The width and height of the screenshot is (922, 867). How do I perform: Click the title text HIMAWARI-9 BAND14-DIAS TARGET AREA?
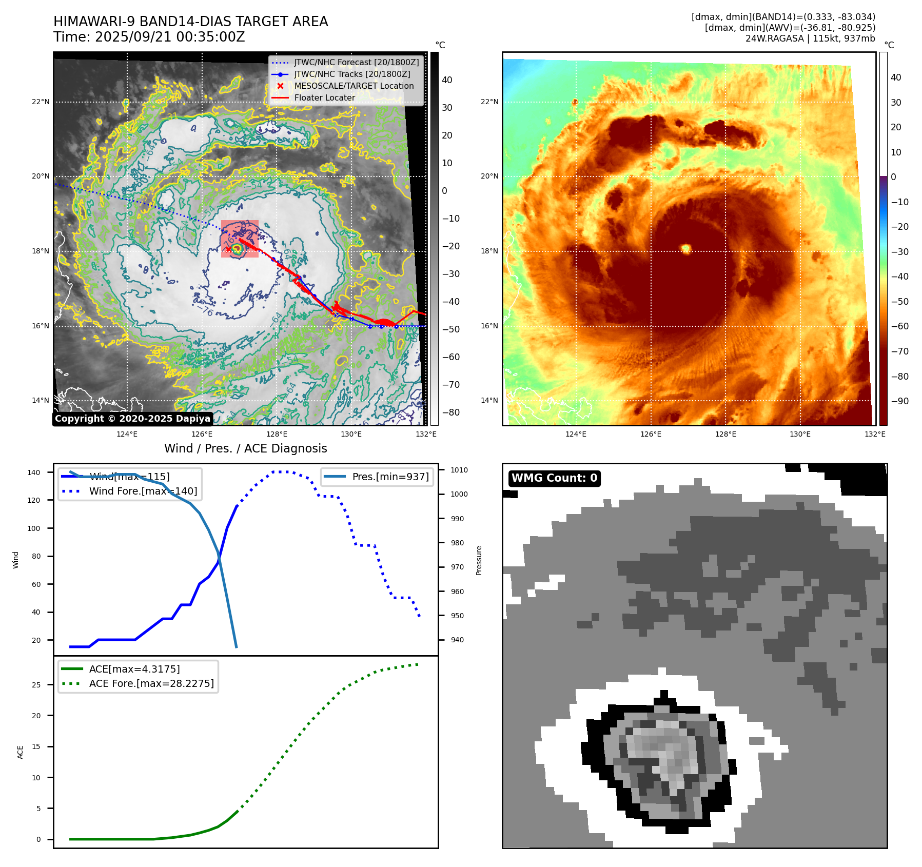click(x=190, y=22)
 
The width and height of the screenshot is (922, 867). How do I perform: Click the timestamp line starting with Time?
click(x=149, y=37)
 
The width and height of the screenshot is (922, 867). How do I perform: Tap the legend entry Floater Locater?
click(x=324, y=97)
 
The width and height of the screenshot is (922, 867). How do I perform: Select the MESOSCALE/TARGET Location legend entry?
click(x=354, y=86)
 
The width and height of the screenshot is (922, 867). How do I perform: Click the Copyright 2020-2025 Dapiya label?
click(x=132, y=419)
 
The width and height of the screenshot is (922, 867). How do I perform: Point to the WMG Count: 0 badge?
click(x=554, y=478)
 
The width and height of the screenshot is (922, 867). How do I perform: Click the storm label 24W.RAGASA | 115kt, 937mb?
click(x=810, y=38)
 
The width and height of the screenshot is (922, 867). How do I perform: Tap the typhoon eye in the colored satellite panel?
click(x=686, y=249)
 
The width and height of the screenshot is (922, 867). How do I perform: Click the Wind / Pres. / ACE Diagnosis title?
click(x=245, y=448)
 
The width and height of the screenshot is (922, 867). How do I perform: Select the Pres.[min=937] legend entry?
click(x=390, y=477)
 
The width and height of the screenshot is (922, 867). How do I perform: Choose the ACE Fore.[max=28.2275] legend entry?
click(x=151, y=683)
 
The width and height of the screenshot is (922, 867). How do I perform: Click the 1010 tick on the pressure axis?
click(x=459, y=470)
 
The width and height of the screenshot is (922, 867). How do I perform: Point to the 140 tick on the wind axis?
click(x=34, y=472)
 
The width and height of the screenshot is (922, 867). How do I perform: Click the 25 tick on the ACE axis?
click(x=36, y=685)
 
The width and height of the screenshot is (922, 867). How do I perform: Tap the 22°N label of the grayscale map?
click(x=41, y=102)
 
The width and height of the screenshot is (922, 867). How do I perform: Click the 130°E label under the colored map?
click(x=800, y=434)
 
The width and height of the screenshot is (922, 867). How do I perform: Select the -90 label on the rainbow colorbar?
click(x=899, y=401)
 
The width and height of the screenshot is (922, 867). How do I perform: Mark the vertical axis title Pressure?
click(x=479, y=560)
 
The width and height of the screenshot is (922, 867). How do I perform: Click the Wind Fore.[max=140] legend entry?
click(x=143, y=491)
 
